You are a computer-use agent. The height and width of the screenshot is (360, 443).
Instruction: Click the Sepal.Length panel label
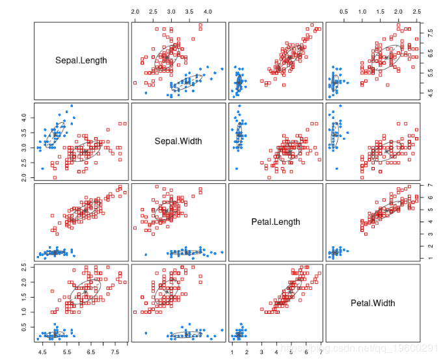tap(81, 61)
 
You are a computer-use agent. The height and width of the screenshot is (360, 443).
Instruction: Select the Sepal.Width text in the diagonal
tap(178, 141)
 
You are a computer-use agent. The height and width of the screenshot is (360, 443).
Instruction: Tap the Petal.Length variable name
tap(276, 222)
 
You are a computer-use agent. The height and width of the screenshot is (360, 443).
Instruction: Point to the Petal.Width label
tap(373, 303)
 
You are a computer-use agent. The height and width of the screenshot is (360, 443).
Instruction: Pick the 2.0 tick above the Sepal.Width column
tap(135, 12)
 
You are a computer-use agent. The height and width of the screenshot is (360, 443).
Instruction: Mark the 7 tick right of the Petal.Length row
tap(430, 186)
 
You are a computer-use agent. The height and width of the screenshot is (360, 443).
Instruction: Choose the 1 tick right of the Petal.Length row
tap(430, 258)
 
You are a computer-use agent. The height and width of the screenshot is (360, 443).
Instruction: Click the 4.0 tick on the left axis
tap(24, 118)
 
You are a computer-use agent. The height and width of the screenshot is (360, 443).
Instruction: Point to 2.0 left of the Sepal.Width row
tap(24, 177)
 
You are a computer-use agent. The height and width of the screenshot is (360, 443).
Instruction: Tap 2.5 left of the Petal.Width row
tap(24, 268)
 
